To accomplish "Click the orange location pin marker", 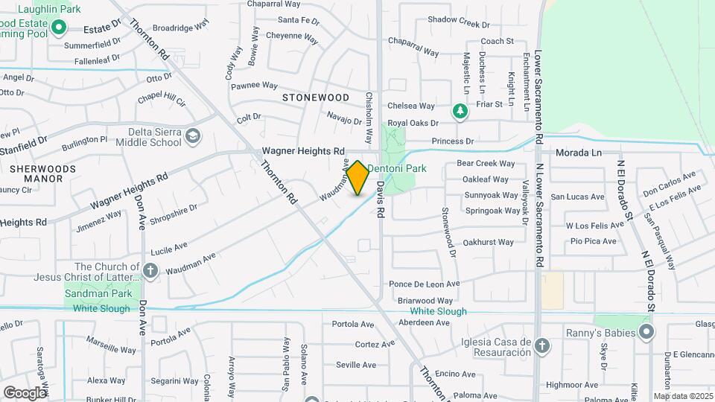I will [358, 178].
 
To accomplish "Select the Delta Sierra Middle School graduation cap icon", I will [194, 136].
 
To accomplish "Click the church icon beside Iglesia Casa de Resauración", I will [542, 345].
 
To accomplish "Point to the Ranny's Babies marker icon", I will [646, 331].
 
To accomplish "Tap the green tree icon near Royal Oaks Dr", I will [460, 112].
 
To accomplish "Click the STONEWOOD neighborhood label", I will [315, 98].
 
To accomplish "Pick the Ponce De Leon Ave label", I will [425, 284].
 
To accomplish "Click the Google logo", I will [25, 392].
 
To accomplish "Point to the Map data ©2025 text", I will [684, 396].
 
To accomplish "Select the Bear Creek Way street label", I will [486, 163].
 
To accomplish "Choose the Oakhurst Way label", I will [488, 242].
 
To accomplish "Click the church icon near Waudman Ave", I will [150, 270].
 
